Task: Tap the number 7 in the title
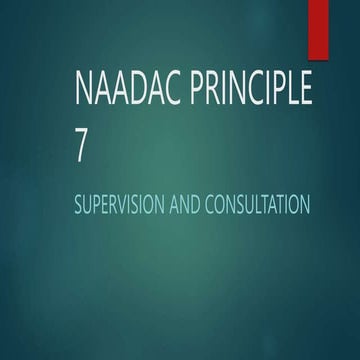[81, 147]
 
